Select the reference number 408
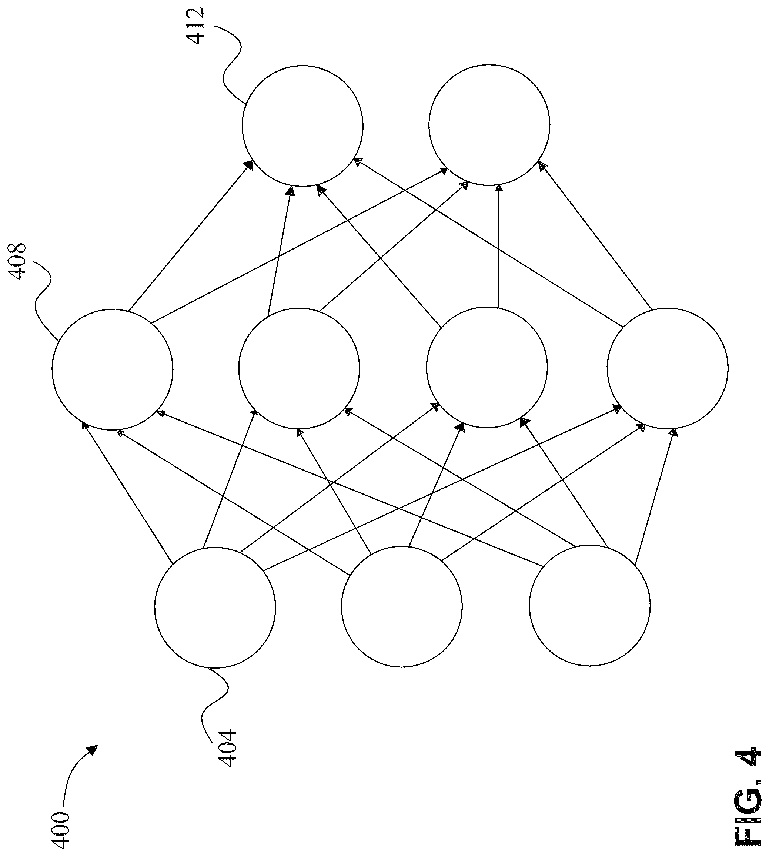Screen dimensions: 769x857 pyautogui.click(x=17, y=261)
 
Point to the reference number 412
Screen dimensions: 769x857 pyautogui.click(x=196, y=26)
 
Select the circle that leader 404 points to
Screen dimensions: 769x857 pyautogui.click(x=215, y=608)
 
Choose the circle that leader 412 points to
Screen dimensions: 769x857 pyautogui.click(x=302, y=125)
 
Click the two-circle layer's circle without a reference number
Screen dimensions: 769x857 pyautogui.click(x=489, y=125)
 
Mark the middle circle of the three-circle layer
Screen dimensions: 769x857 pyautogui.click(x=402, y=607)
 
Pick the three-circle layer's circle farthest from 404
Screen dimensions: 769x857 pyautogui.click(x=589, y=606)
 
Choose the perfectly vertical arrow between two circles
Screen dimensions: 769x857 pyautogui.click(x=499, y=246)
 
